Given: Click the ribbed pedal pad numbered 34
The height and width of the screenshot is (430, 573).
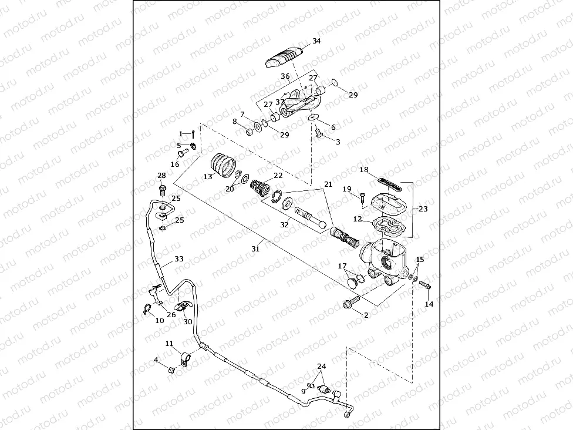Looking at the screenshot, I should [285, 57].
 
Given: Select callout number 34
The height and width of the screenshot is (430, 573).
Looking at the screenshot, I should [316, 41].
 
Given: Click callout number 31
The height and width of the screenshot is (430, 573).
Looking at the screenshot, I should [255, 248].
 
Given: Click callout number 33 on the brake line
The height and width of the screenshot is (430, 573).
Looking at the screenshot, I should [179, 258].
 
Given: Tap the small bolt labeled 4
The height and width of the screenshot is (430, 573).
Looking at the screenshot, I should [171, 369].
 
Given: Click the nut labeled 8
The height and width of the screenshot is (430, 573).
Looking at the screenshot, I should [248, 130].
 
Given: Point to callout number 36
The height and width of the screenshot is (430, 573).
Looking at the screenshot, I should [285, 76].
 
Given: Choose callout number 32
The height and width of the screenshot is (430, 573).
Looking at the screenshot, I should [284, 224].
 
